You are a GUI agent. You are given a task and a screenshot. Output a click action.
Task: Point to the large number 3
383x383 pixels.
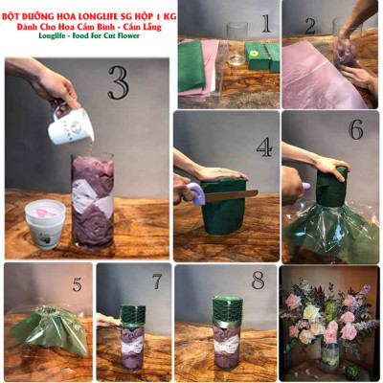pos(117,83)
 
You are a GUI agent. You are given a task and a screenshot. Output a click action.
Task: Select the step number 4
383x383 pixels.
pos(262,149)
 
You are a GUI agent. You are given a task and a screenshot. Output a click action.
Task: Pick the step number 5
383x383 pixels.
pos(78,284)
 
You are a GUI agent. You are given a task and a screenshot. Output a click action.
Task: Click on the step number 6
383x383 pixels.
pos(355,129)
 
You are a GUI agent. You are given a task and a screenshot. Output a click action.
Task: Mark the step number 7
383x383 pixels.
pos(157,284)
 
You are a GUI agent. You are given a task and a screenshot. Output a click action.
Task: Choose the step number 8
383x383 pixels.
pos(257,284)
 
